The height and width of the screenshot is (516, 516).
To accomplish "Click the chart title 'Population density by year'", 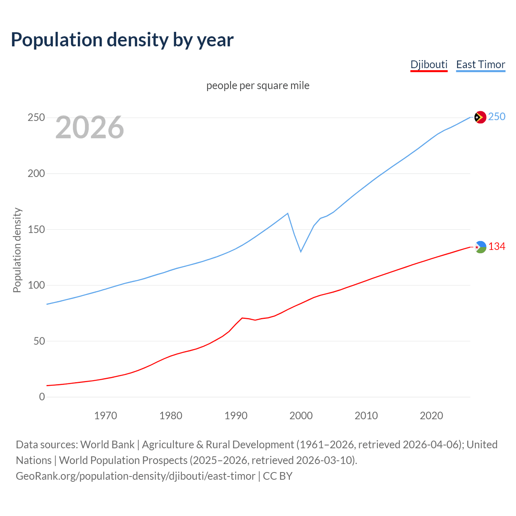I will (122, 40).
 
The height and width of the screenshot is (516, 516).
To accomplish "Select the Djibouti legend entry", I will (429, 64).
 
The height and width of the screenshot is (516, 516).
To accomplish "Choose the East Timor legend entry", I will (481, 64).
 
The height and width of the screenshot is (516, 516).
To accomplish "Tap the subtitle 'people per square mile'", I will (258, 85).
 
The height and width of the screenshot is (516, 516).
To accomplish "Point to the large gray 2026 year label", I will (89, 127).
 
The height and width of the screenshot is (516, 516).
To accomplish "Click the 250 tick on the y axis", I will (36, 118).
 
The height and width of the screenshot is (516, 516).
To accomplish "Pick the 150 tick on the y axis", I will (36, 229).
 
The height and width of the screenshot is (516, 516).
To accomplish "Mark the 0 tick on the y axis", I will (42, 397).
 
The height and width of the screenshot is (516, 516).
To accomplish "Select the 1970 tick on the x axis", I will (106, 416).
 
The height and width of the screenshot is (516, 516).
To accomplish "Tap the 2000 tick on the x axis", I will (301, 416).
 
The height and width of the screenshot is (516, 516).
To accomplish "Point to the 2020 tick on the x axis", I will (431, 416).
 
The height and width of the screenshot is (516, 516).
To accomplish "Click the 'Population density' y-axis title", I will (17, 250).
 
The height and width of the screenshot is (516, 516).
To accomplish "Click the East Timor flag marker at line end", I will (480, 117).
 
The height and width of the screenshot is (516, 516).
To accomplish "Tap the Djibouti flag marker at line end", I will (480, 247).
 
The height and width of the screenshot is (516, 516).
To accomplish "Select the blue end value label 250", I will (497, 117).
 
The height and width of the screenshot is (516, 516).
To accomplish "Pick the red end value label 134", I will (497, 246).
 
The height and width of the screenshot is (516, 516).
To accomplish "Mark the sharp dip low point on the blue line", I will (301, 252).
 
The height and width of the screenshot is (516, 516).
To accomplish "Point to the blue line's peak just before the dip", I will (287, 213).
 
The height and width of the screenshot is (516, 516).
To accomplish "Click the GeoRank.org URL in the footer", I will (135, 476).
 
